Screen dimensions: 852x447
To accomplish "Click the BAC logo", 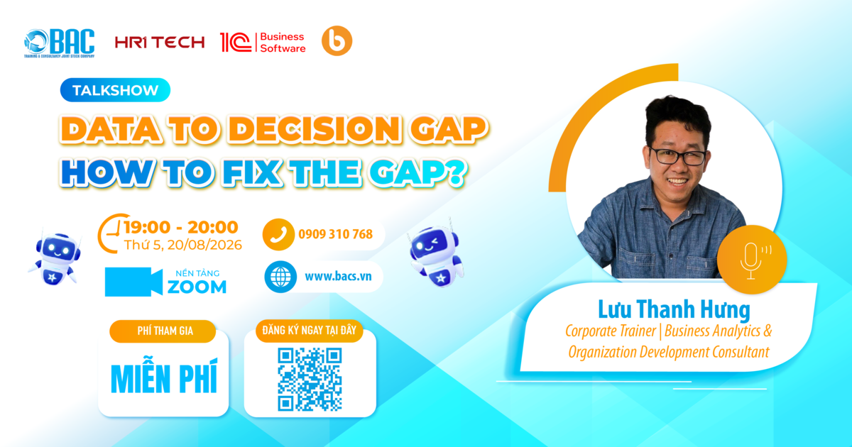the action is coord(59,43).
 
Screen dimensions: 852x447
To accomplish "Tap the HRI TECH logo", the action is coord(160,42).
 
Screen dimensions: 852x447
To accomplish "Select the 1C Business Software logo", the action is coord(263,42).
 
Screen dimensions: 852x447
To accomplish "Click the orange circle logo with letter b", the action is coord(337,40).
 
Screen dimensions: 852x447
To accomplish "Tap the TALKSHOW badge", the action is coord(115,90).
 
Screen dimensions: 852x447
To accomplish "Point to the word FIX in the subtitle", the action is coord(253,173).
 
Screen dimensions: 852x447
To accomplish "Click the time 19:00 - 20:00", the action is coord(180,227).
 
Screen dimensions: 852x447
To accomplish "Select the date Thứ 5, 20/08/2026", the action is coord(183,245).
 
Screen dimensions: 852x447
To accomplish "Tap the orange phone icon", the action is coord(278,234).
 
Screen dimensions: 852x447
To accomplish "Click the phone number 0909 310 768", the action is coord(335,234).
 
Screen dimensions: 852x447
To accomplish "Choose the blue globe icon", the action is coord(280,277).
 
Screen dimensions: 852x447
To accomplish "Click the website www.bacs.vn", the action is coord(338,276).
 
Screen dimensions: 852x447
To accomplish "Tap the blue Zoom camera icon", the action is coord(133,282).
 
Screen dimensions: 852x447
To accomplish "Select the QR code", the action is coord(310,380).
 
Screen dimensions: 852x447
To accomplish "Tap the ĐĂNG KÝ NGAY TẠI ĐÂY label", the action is coord(310,331).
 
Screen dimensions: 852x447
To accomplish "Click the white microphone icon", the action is coord(751,261).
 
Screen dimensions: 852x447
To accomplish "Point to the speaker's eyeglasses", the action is coord(678,156).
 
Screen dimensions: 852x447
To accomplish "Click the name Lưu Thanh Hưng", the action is coord(674,309).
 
